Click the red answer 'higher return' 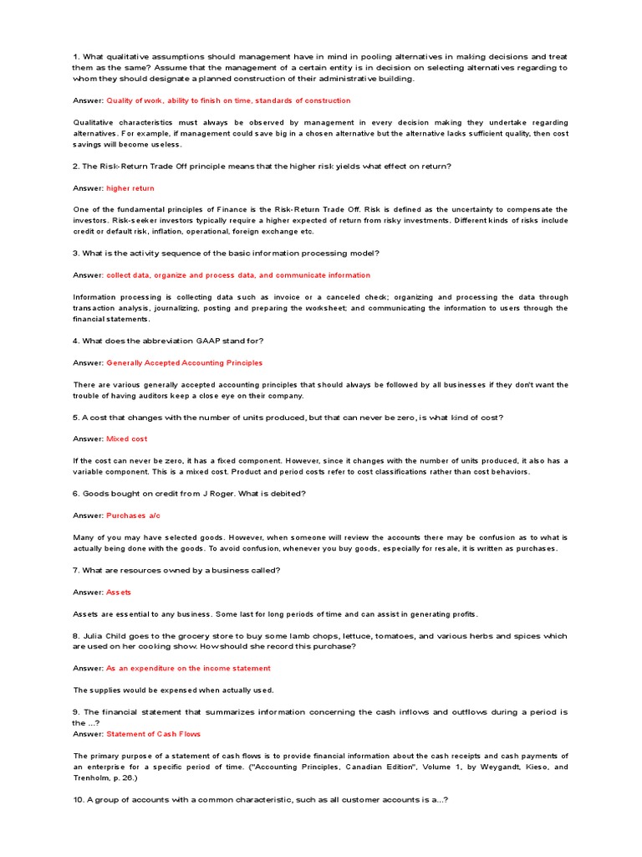[130, 188]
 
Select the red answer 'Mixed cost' [127, 439]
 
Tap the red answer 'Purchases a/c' [133, 516]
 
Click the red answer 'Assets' [119, 593]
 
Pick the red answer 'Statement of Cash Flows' [154, 734]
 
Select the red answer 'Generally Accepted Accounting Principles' [184, 363]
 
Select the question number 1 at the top [76, 57]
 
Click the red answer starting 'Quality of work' [228, 100]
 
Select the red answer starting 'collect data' [238, 275]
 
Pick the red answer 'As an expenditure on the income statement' [188, 669]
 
